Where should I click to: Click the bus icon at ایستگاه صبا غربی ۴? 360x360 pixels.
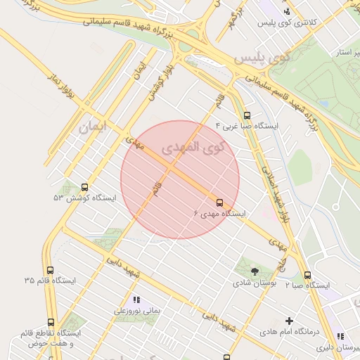pos(246,115)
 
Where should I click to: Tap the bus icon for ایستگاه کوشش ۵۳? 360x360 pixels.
pos(85,187)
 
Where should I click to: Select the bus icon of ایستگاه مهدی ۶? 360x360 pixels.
pos(219,202)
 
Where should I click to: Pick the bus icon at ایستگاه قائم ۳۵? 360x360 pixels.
pos(50,270)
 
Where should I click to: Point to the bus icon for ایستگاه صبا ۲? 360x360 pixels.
pos(307,275)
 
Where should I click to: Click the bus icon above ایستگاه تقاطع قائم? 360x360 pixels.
pos(51,322)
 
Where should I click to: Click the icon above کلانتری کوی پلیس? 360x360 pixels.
pos(286,11)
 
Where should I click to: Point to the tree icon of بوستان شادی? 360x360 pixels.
pos(254,271)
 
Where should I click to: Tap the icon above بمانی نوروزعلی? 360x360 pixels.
pos(136,299)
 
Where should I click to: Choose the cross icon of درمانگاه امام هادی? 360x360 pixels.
pos(289,321)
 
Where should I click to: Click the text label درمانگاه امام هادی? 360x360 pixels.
pos(289,331)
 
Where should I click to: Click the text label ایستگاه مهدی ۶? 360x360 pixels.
pos(219,213)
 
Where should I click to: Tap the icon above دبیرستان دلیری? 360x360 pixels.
pos(340,337)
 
